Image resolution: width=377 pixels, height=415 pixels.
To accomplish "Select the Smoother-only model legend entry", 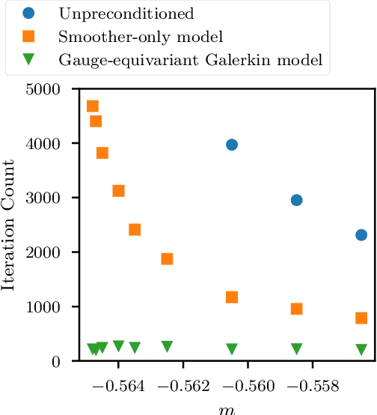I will pos(131,37).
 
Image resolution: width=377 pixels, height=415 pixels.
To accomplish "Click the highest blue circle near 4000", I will pos(232,145).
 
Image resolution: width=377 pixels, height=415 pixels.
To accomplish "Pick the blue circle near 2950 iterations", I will pos(296,200).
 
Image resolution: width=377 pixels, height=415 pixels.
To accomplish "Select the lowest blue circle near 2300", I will pos(361,234).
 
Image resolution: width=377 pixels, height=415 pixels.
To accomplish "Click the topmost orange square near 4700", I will pos(93,106).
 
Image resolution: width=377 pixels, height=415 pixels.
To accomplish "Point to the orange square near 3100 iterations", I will pos(118,191).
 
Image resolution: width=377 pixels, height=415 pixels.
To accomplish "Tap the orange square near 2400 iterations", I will pos(135,229).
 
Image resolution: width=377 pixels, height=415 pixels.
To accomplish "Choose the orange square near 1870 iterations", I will pos(167,259).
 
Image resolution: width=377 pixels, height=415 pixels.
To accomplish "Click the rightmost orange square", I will pos(361,318).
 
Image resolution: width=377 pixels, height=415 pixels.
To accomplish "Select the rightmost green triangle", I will pos(361,349).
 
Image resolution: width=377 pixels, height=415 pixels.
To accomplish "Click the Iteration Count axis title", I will pos(10,225).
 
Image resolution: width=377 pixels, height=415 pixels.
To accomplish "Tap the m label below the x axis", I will pos(224,409).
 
